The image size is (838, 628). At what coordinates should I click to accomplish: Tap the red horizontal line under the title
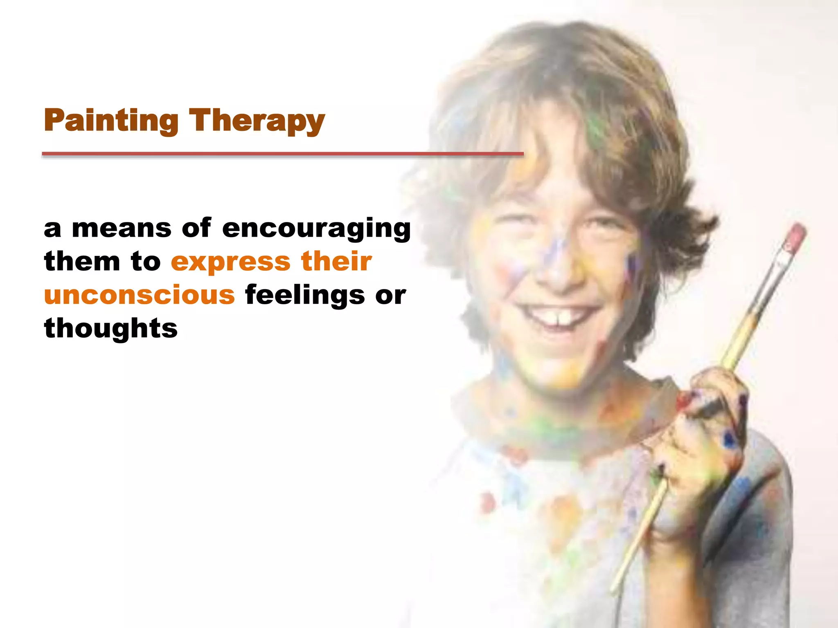coord(282,154)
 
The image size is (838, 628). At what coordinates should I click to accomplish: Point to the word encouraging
coord(316,229)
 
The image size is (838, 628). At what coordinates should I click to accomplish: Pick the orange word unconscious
coord(140,295)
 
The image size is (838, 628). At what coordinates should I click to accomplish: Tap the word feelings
coord(304,296)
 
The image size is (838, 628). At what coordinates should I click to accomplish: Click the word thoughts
coord(111,328)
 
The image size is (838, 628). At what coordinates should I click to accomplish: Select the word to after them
coord(146,262)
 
